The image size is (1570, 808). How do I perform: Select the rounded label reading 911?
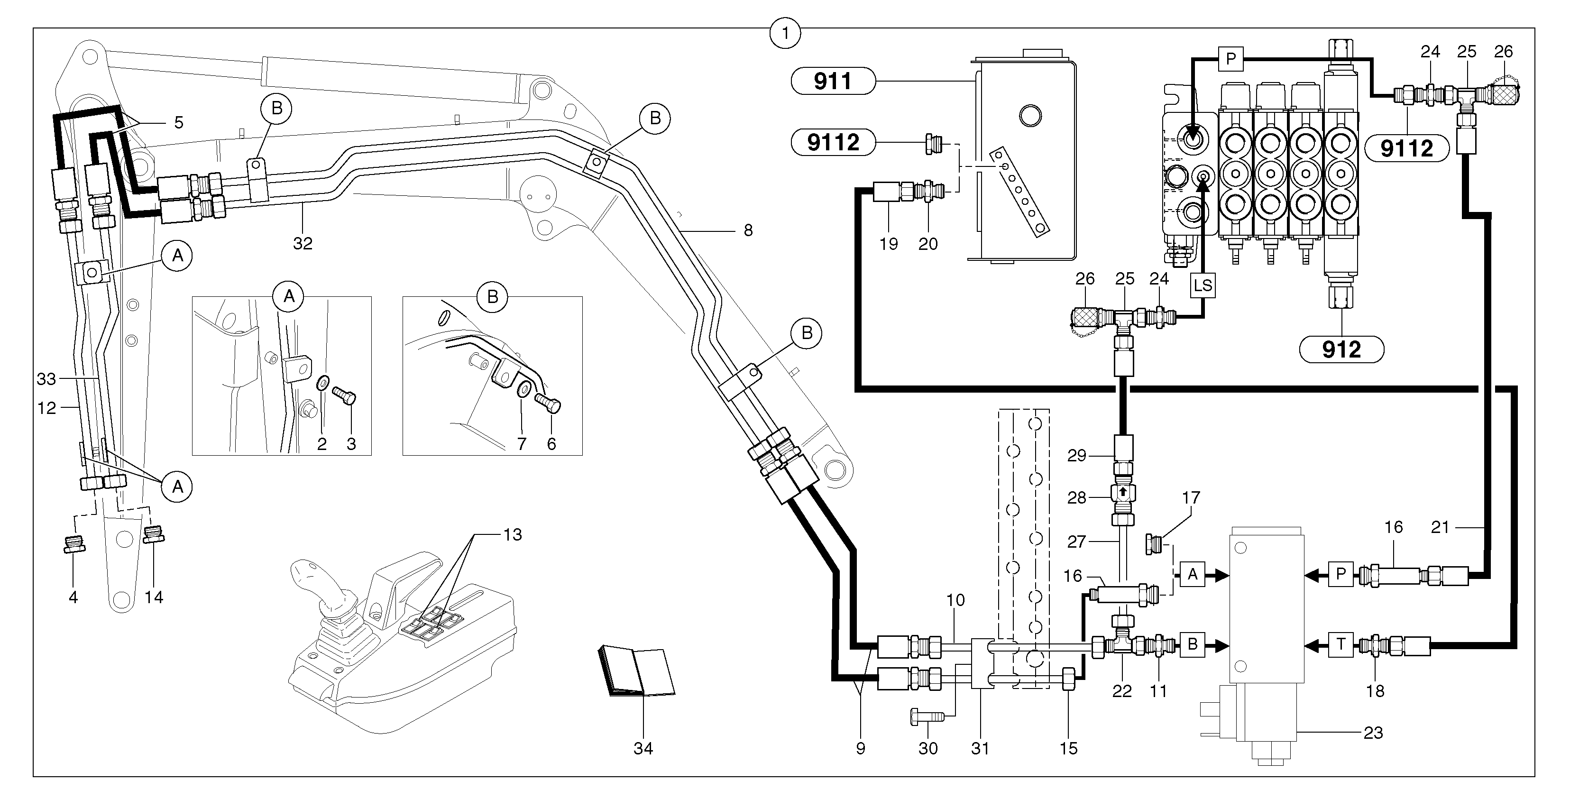(833, 81)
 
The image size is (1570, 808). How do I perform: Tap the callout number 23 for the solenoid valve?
(1373, 733)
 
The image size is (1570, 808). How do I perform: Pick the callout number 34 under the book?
(643, 748)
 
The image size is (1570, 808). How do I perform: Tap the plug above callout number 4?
(74, 543)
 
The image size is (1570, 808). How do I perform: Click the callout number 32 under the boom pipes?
(303, 243)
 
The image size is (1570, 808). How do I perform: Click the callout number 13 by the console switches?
(513, 534)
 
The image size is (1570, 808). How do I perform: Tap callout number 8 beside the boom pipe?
(748, 230)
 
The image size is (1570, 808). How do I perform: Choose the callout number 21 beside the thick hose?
(1440, 527)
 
